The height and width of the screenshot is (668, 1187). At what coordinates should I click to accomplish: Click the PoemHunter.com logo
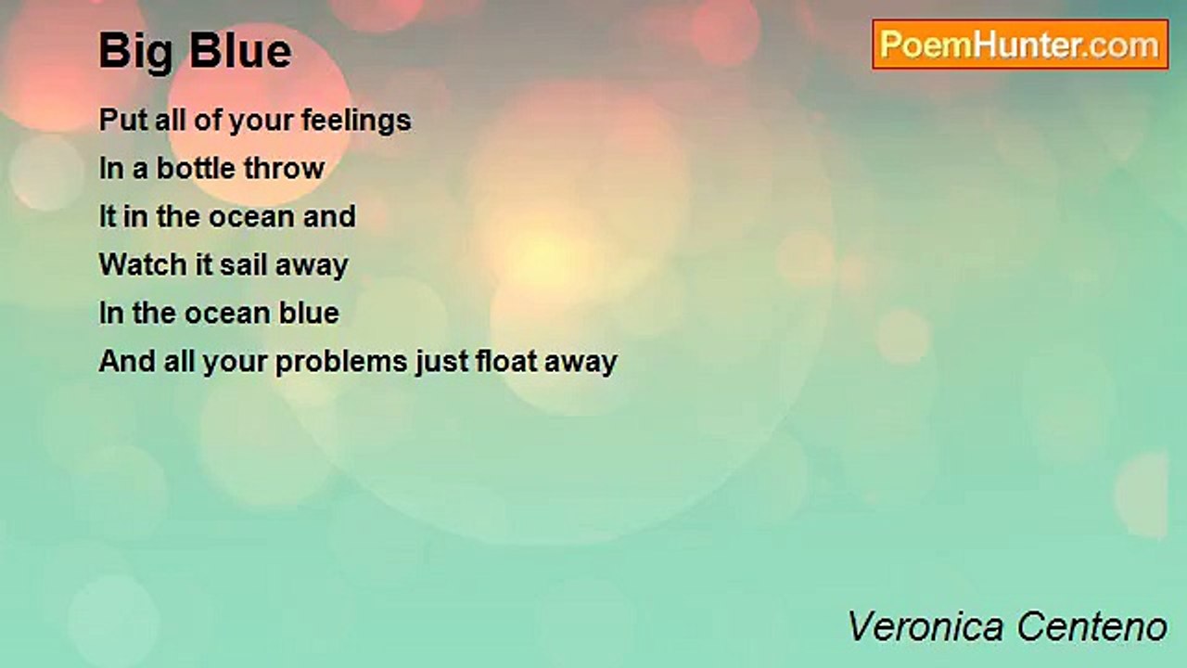(x=1020, y=45)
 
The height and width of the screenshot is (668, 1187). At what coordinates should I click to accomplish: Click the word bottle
(x=196, y=169)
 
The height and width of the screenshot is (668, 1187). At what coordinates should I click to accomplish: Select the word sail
(x=245, y=264)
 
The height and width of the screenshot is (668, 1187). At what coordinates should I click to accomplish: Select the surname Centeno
(x=1091, y=627)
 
